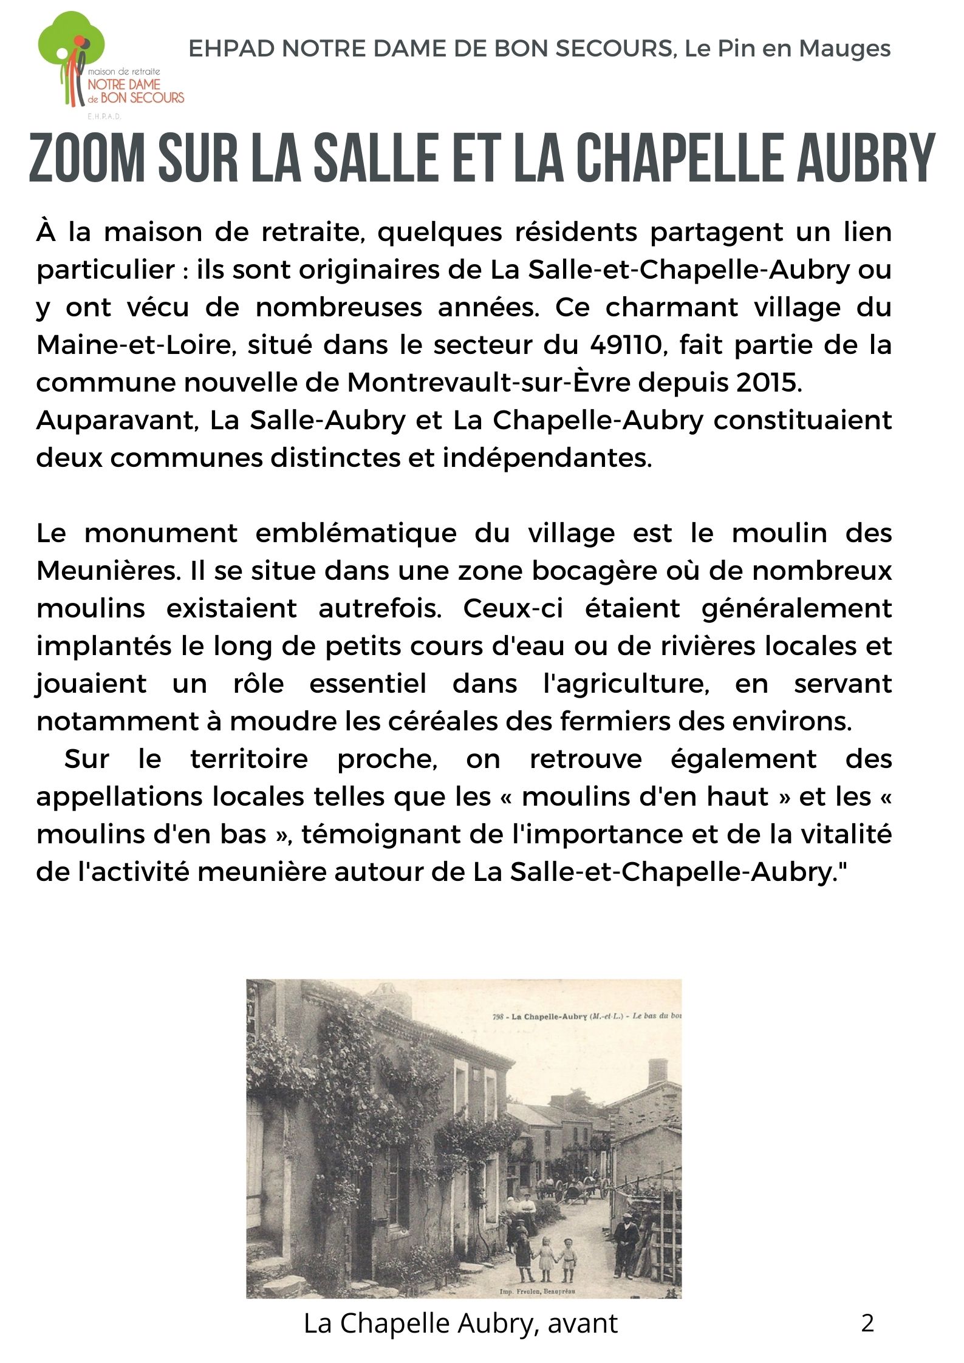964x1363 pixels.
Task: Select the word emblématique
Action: [x=355, y=533]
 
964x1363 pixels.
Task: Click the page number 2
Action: [x=867, y=1322]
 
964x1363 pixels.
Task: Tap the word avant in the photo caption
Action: [x=583, y=1324]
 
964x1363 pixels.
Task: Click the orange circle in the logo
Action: [x=80, y=41]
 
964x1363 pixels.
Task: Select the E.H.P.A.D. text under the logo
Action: [x=104, y=116]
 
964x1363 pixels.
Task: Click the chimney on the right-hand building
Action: [x=658, y=1071]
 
